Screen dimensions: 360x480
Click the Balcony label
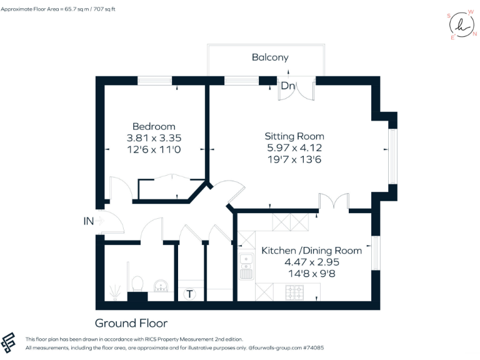coord(270,57)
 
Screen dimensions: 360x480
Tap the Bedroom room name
coord(154,126)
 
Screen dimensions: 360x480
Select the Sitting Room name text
coord(294,136)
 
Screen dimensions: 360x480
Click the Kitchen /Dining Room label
coord(311,251)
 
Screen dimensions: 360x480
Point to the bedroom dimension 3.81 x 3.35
coord(154,138)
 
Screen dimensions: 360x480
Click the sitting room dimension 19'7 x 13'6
coord(294,159)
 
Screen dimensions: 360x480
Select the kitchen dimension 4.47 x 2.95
coord(311,262)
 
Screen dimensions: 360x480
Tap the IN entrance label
coord(88,221)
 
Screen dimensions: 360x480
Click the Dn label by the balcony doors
coord(287,86)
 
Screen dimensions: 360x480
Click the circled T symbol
coord(190,294)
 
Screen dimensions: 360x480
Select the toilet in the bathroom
coord(137,285)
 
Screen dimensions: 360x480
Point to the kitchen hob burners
coord(294,291)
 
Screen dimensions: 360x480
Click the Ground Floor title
coord(131,323)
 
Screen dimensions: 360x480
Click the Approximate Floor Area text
coord(67,9)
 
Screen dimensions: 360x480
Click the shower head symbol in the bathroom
coord(114,291)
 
